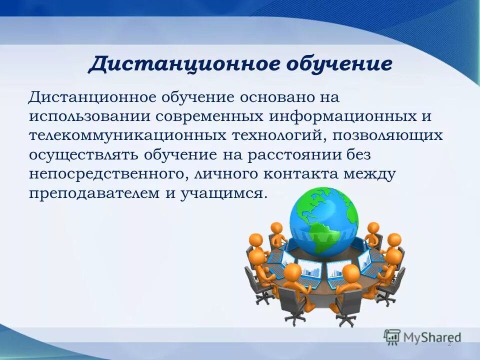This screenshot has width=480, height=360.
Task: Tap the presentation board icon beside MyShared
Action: pyautogui.click(x=392, y=336)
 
